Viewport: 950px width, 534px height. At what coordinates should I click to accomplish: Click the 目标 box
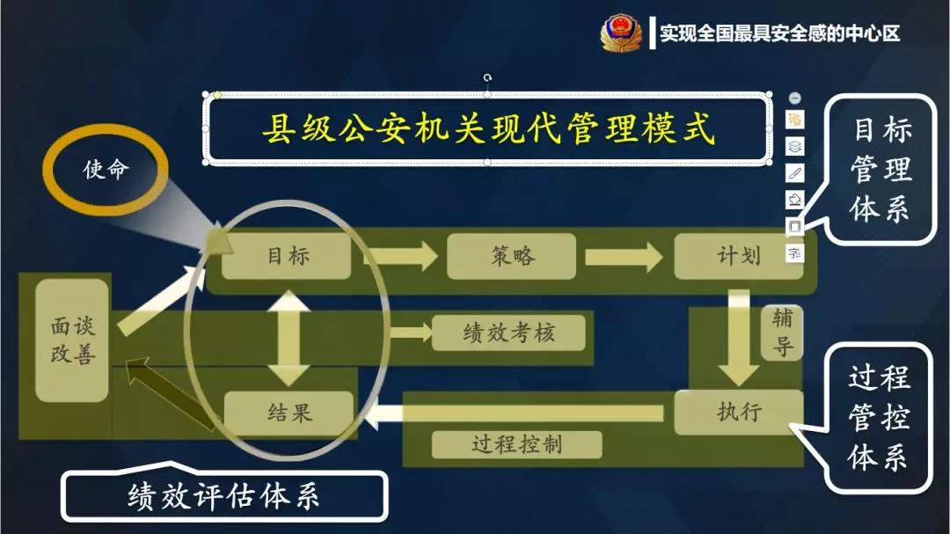point(287,256)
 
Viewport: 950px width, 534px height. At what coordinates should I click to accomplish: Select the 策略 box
point(511,256)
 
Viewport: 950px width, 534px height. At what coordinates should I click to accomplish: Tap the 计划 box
point(738,256)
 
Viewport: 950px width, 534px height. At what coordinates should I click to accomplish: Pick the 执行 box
point(738,412)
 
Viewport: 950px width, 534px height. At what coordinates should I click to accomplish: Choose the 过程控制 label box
point(516,444)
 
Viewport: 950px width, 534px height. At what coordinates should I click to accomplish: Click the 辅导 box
point(782,332)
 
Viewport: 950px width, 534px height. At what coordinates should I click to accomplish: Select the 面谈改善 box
point(72,340)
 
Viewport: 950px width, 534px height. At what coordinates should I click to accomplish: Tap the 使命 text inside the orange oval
point(106,169)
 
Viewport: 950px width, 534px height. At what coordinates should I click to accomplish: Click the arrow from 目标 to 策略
point(401,256)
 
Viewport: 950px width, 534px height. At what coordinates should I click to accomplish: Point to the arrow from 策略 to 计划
point(624,256)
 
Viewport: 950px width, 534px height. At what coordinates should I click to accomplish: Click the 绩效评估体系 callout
point(223,497)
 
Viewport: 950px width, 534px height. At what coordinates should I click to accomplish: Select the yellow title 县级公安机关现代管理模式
point(487,130)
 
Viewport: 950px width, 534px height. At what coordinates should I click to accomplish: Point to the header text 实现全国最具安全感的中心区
point(780,34)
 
